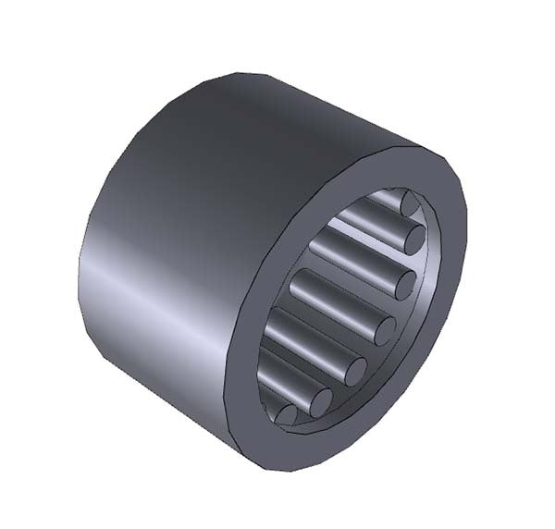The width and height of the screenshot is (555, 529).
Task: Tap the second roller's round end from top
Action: coord(415,239)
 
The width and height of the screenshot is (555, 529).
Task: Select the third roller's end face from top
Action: coord(403,284)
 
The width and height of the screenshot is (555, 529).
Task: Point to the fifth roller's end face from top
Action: coord(354,371)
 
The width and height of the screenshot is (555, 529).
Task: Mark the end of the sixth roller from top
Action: coord(320,402)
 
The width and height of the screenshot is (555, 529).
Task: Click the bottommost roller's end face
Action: coord(288,415)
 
